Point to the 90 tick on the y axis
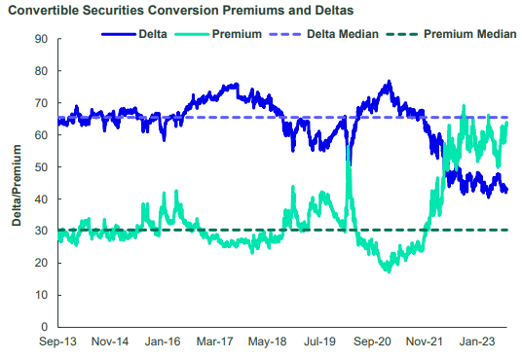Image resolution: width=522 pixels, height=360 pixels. pyautogui.click(x=41, y=40)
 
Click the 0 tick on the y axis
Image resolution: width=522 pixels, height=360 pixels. pyautogui.click(x=44, y=327)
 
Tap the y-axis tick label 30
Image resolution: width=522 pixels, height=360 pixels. pyautogui.click(x=41, y=232)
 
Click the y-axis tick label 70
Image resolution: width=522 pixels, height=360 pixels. pyautogui.click(x=41, y=104)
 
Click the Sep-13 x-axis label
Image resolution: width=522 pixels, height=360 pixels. pyautogui.click(x=58, y=343)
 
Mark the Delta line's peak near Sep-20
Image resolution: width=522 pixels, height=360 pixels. pyautogui.click(x=390, y=82)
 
